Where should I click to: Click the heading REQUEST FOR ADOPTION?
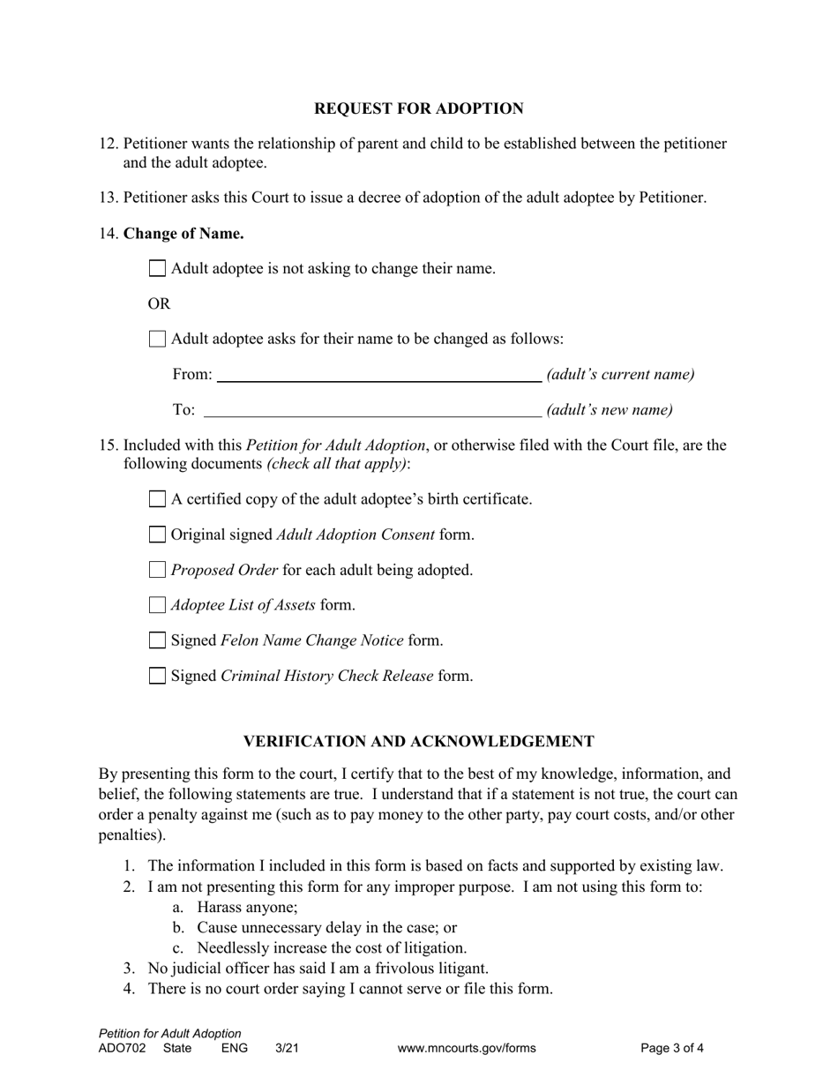419,108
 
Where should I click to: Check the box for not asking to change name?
157,268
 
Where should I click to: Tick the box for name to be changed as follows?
157,339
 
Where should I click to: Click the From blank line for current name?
379,374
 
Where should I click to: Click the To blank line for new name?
372,409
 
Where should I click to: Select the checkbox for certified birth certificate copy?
157,499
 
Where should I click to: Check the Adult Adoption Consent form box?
157,535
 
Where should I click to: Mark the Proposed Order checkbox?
157,570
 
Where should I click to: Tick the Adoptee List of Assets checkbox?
157,605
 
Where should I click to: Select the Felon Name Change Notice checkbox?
157,640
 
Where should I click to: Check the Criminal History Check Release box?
157,676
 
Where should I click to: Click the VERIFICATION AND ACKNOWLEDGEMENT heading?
419,741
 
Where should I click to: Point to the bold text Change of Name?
183,234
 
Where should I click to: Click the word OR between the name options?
159,303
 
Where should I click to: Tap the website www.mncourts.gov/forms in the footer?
467,1049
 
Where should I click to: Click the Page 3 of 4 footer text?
672,1049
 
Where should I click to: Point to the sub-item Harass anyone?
247,907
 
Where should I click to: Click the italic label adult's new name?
610,409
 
